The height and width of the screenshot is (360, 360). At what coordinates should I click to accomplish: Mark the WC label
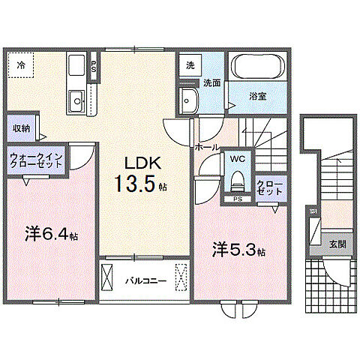237,160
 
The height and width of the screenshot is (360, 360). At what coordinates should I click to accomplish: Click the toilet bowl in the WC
237,180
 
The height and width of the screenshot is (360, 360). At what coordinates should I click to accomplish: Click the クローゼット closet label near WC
269,187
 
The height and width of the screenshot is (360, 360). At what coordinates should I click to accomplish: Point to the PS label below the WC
237,199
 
